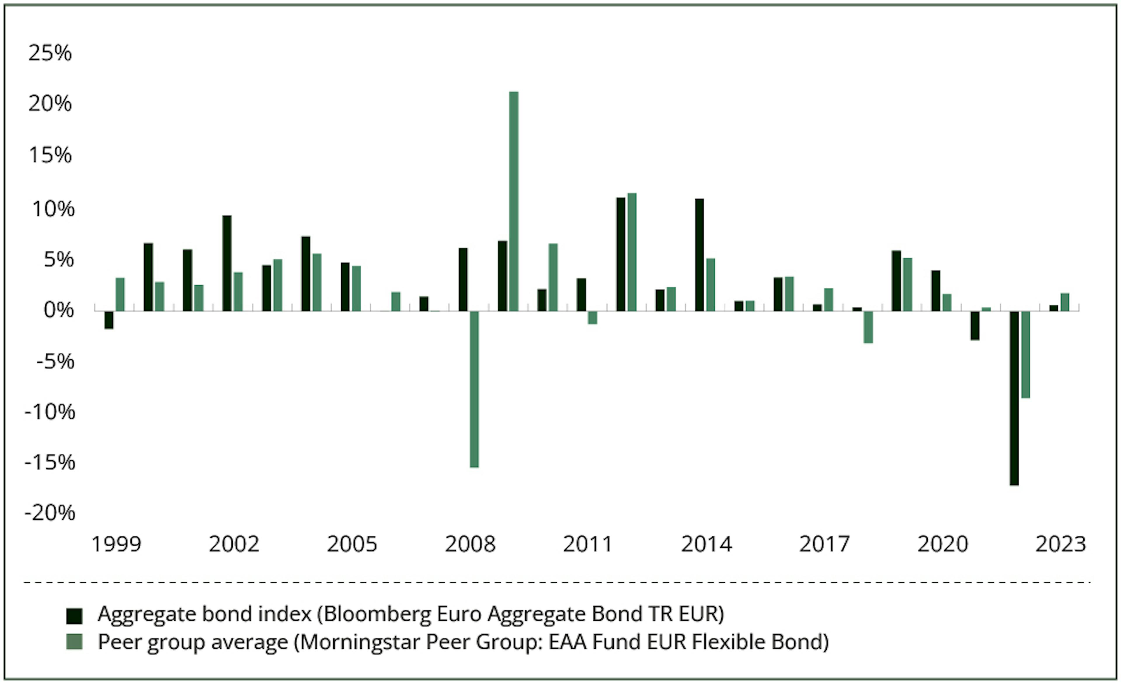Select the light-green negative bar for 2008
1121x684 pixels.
(x=474, y=389)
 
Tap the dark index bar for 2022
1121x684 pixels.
(x=1014, y=398)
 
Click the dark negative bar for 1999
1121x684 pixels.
(x=109, y=320)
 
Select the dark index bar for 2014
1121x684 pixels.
(x=699, y=255)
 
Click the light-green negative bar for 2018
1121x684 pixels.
(x=868, y=327)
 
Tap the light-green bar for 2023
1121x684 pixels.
(x=1065, y=302)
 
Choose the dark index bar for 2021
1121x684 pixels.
(x=975, y=325)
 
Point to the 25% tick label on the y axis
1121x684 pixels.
(x=50, y=53)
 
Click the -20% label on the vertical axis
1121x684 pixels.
(x=50, y=513)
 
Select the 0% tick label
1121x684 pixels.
(x=58, y=310)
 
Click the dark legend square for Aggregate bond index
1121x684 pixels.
(x=74, y=616)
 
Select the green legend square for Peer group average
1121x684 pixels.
(x=74, y=642)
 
